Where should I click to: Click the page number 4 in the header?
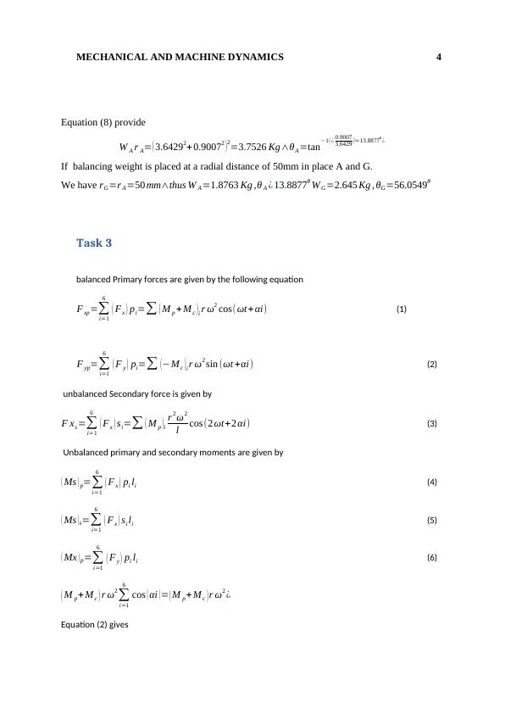[439, 57]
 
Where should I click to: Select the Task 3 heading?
[94, 243]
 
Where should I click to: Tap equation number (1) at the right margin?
[401, 310]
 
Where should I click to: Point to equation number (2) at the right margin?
[431, 365]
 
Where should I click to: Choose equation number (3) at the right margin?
[431, 423]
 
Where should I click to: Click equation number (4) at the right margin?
[431, 483]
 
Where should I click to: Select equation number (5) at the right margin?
[431, 520]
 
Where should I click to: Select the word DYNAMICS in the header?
[253, 57]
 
